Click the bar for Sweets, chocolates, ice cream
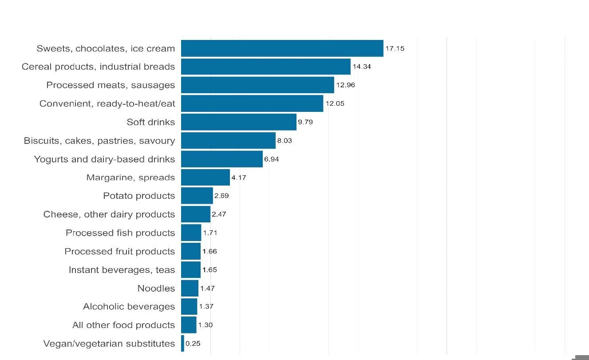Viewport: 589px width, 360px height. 282,48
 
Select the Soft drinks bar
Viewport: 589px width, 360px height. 238,122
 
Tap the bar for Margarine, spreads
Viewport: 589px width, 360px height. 205,178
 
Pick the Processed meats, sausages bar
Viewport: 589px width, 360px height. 257,85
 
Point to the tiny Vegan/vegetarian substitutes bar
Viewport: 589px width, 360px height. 182,344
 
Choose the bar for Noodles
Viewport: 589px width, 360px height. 190,288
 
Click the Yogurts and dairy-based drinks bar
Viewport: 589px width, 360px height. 221,159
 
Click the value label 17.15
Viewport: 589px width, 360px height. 395,48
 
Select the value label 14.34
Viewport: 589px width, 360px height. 362,67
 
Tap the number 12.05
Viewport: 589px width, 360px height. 335,103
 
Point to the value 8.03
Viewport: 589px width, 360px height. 284,141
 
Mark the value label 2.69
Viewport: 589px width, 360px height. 221,196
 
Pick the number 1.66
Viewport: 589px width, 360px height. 210,251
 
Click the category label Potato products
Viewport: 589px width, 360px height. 139,196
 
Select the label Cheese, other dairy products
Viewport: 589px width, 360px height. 109,214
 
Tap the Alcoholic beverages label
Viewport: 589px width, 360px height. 129,307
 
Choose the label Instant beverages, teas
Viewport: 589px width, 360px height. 122,270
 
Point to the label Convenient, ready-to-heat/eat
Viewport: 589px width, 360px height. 107,104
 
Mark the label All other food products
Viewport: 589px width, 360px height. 123,325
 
